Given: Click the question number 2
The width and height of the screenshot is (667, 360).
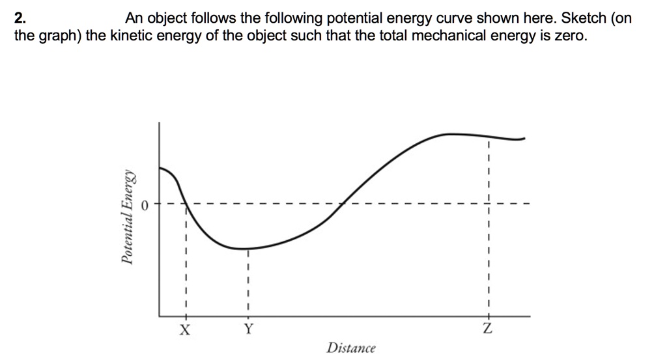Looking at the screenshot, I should (x=20, y=18).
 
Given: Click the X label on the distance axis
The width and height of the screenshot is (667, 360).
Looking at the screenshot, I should (x=186, y=330).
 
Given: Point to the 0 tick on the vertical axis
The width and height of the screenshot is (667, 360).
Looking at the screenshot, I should (x=146, y=205).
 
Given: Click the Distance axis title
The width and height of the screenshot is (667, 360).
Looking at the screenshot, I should (x=351, y=348).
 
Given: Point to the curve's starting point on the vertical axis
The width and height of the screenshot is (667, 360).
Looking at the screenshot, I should (x=160, y=167).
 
